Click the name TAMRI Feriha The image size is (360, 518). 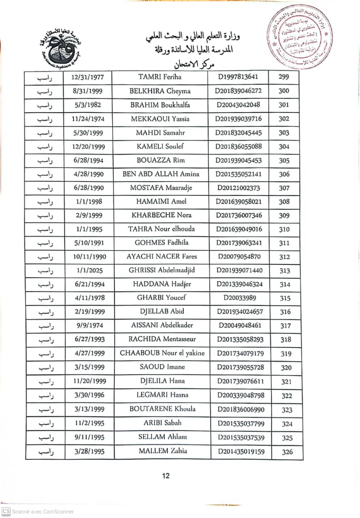click(x=160, y=77)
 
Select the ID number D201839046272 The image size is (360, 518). click(x=239, y=91)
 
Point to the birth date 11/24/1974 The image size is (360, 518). click(x=89, y=118)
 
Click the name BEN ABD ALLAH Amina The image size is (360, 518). click(x=161, y=174)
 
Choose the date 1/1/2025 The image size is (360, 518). click(x=89, y=270)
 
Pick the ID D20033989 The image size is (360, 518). click(x=239, y=298)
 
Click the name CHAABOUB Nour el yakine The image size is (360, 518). click(x=162, y=353)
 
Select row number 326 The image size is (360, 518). click(x=286, y=451)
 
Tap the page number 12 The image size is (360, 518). click(x=165, y=476)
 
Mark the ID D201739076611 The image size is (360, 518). click(x=240, y=381)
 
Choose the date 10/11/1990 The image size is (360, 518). click(x=89, y=257)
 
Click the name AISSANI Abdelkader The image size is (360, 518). click(x=162, y=325)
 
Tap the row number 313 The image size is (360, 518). click(x=285, y=271)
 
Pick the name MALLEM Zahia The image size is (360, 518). click(x=163, y=451)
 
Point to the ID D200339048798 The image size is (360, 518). click(x=240, y=396)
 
